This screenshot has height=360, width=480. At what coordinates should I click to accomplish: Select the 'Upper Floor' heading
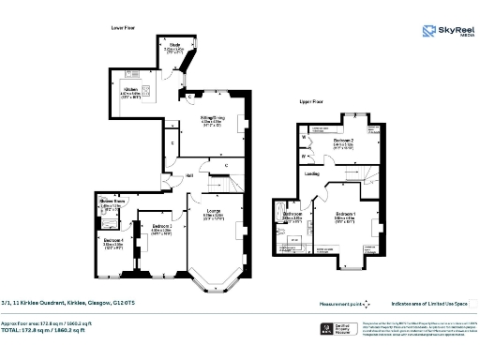[x=312, y=100]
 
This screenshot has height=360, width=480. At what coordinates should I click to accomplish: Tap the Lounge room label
[x=214, y=211]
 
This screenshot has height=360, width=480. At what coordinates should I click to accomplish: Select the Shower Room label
[x=112, y=201]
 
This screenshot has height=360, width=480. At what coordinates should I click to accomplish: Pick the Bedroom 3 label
[x=150, y=225]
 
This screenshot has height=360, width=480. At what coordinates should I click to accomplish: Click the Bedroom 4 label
[x=112, y=241]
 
